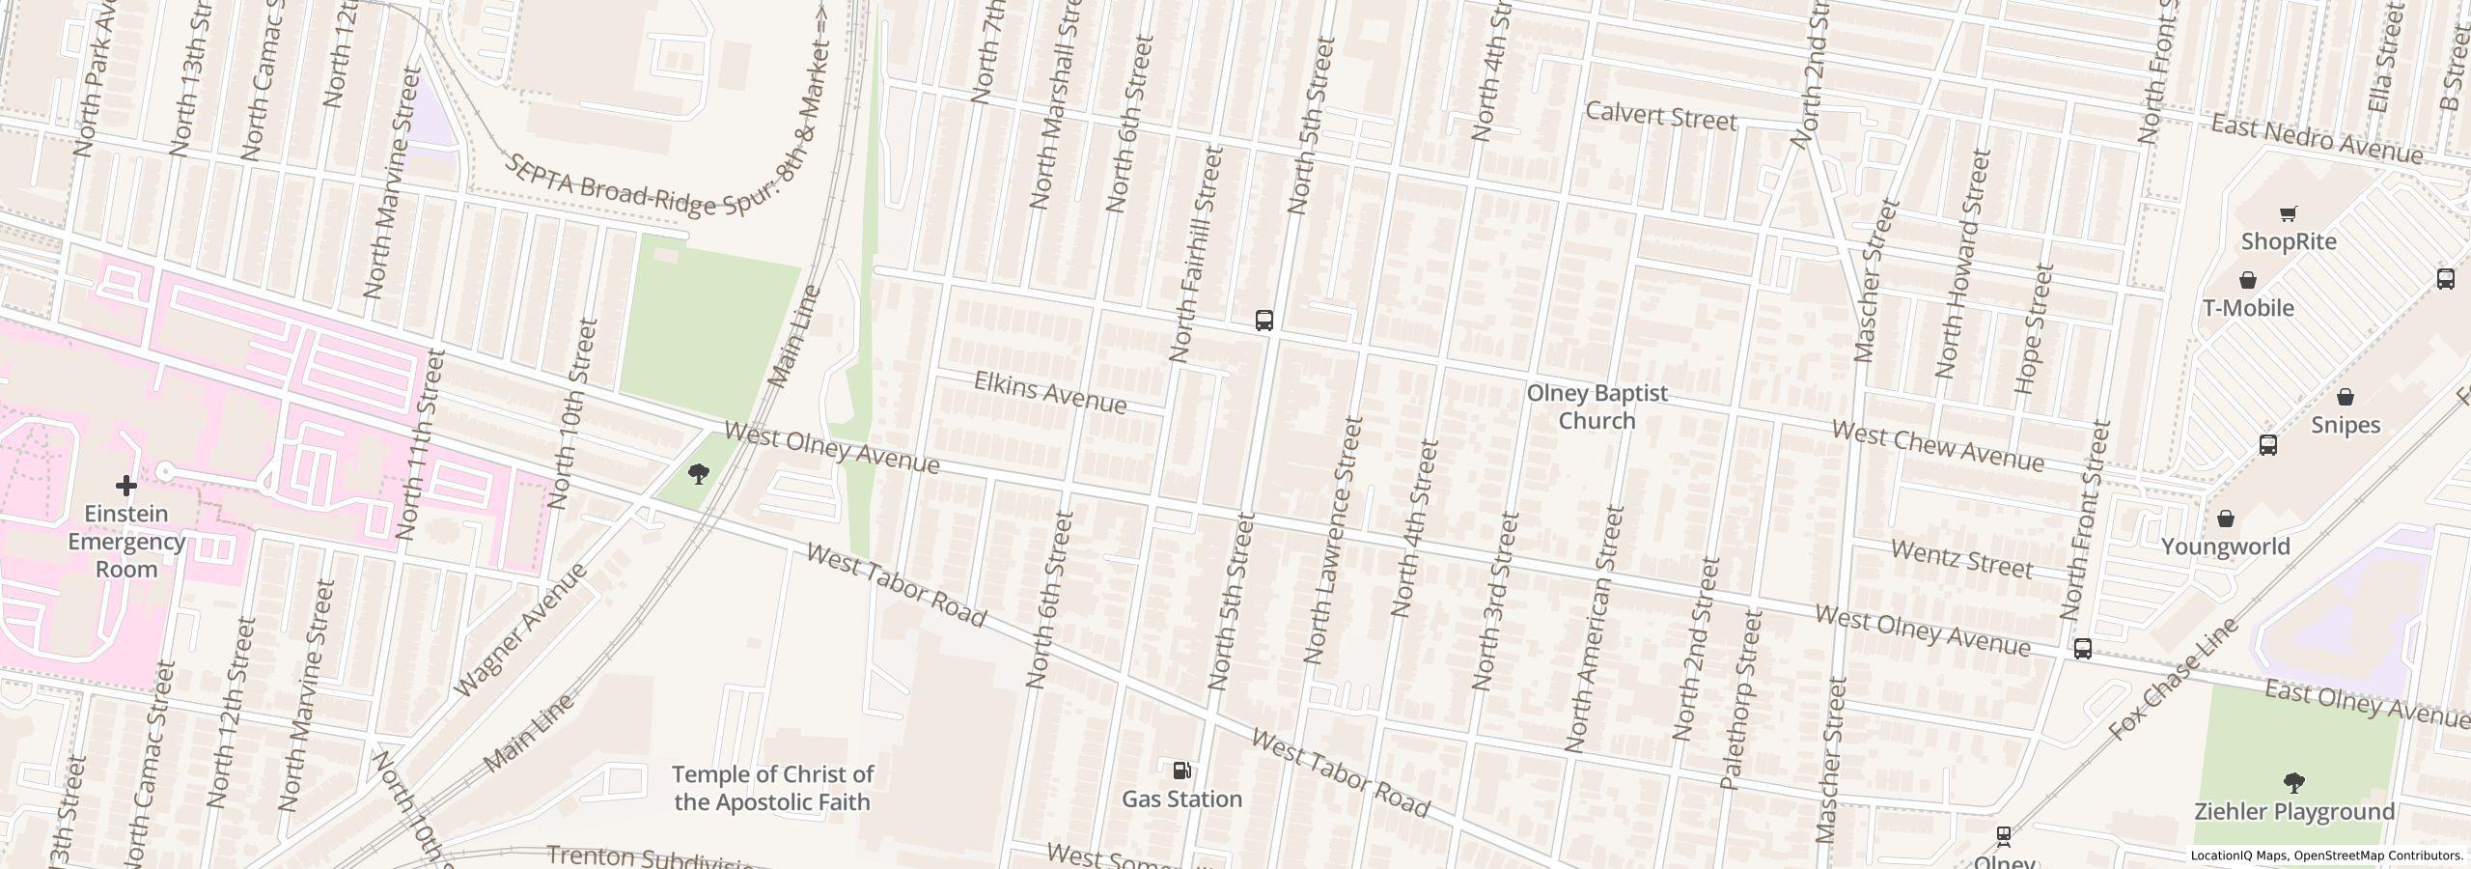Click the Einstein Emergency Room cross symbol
[x=125, y=485]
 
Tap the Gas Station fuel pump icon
[x=1181, y=771]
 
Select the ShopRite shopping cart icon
[x=2288, y=213]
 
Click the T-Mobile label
[x=2248, y=308]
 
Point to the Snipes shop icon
[x=2346, y=397]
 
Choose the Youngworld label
[x=2225, y=547]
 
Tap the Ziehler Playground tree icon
[x=2294, y=782]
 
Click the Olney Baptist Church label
[x=1596, y=407]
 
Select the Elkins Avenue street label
[x=1049, y=393]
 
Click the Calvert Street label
[x=1661, y=117]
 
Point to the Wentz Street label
[x=1961, y=560]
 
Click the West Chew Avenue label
[x=1937, y=446]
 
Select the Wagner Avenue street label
[x=519, y=631]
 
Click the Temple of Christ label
[x=772, y=788]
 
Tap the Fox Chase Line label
[x=2173, y=680]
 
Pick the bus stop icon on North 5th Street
[x=1263, y=321]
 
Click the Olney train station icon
[x=2004, y=835]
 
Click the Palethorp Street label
[x=1742, y=699]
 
